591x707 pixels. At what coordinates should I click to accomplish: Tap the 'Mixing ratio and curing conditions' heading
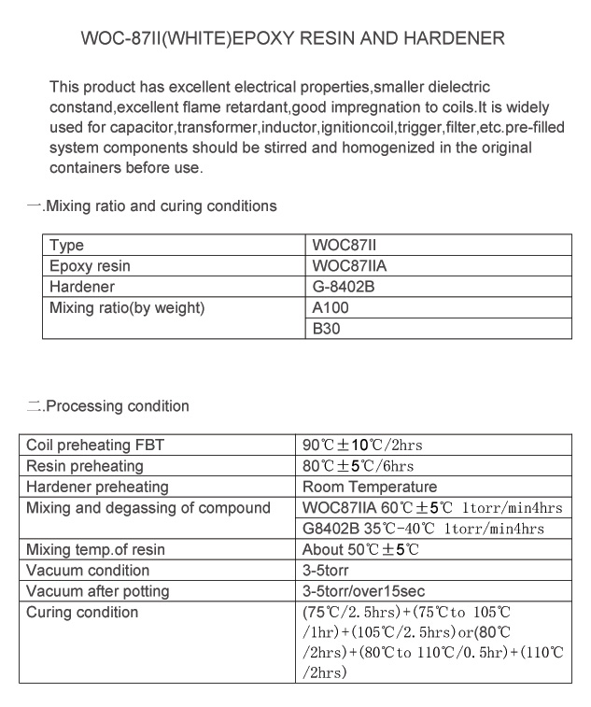tap(161, 205)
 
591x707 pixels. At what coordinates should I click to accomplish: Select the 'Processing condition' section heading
tap(117, 406)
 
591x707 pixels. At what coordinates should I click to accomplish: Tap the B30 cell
tap(326, 329)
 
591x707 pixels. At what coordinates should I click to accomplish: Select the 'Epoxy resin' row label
tap(90, 266)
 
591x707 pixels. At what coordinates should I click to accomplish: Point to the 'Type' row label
tap(66, 246)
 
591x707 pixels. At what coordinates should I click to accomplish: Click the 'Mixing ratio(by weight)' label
tap(127, 308)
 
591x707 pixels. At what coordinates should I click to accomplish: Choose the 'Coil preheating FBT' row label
tap(95, 445)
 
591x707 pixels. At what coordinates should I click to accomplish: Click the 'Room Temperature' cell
tap(370, 487)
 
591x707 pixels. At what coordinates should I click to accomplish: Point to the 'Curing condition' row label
tap(82, 613)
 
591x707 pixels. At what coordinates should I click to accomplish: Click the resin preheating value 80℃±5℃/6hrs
tap(358, 466)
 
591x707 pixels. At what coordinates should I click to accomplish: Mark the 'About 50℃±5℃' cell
tap(360, 550)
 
